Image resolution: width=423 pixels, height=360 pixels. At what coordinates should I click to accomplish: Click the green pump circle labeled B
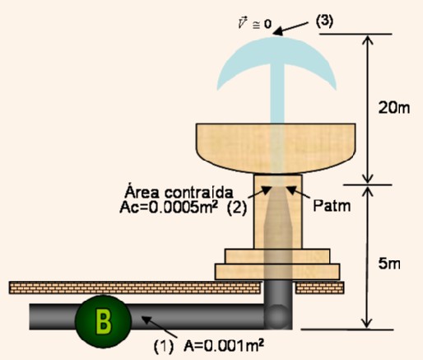(103, 322)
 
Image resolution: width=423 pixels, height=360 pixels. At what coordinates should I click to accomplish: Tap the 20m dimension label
(394, 107)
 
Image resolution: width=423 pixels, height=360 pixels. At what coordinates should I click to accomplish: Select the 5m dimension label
(389, 264)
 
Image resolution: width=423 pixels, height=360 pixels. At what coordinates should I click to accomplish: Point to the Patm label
(332, 205)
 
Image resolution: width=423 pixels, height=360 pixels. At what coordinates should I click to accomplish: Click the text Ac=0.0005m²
(169, 207)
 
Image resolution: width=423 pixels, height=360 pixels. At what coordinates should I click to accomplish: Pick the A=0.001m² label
(224, 346)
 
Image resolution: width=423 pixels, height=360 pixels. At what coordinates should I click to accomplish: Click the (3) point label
(324, 21)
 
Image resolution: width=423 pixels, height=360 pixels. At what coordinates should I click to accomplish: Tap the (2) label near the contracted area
(237, 208)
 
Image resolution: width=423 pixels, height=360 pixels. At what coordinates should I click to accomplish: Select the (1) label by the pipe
(164, 346)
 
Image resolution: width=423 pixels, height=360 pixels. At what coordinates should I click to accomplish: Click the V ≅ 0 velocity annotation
(255, 23)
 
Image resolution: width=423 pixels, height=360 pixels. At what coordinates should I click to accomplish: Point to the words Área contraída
(179, 192)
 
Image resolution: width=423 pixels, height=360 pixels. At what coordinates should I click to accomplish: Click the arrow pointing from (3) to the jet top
(291, 29)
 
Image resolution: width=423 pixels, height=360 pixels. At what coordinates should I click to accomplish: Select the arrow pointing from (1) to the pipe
(159, 327)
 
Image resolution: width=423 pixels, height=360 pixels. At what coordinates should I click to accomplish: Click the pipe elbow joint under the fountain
(277, 316)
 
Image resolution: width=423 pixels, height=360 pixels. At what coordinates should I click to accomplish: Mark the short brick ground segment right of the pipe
(320, 288)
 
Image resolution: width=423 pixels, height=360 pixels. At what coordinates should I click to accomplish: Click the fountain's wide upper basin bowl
(276, 147)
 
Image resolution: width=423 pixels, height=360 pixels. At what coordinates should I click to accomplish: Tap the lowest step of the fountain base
(277, 272)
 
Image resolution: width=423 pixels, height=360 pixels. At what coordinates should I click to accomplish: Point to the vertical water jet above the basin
(277, 93)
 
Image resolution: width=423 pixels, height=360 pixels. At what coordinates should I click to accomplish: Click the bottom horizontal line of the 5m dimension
(347, 330)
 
